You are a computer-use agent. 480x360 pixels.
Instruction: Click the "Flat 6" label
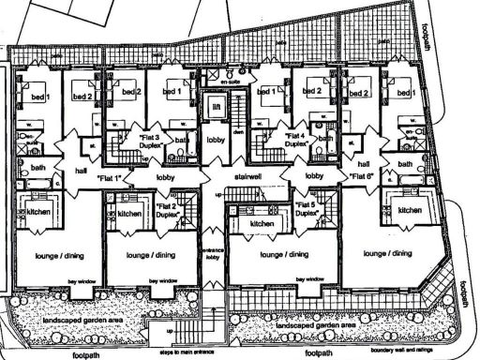tap(364, 176)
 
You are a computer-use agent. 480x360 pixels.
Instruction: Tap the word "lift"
tap(216, 109)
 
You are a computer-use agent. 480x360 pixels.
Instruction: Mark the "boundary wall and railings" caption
tap(402, 350)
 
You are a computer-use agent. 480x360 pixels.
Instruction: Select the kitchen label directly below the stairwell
tap(253, 225)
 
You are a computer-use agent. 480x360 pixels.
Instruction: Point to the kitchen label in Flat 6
tap(410, 211)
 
